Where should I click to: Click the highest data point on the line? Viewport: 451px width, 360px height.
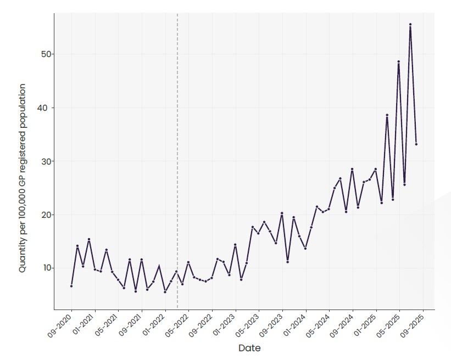click(410, 25)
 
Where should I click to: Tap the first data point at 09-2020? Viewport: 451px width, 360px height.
click(71, 286)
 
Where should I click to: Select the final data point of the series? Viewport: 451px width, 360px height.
click(416, 144)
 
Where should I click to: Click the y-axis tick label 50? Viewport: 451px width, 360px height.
click(46, 54)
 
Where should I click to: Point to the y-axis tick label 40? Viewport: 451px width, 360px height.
click(46, 108)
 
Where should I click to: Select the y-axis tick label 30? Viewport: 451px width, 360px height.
click(46, 161)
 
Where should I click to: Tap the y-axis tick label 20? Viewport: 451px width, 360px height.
click(46, 215)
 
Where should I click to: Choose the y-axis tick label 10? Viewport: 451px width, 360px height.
click(47, 268)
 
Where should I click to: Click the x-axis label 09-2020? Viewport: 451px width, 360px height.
click(59, 325)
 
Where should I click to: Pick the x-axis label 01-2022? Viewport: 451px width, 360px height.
click(153, 325)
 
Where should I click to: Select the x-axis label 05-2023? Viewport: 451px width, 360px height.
click(247, 325)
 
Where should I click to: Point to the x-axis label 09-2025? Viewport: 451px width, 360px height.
click(411, 325)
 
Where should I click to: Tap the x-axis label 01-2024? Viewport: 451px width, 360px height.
click(294, 325)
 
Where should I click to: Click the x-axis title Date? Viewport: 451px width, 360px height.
click(249, 348)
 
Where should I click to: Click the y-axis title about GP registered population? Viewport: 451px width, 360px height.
click(23, 178)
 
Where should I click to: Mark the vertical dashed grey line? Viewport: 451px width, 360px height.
click(177, 161)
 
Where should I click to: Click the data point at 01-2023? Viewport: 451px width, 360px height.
click(235, 245)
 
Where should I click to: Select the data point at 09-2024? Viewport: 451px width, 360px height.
click(352, 169)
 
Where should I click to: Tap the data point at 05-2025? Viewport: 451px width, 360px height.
click(399, 61)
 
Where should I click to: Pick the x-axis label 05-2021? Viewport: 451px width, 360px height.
click(106, 325)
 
